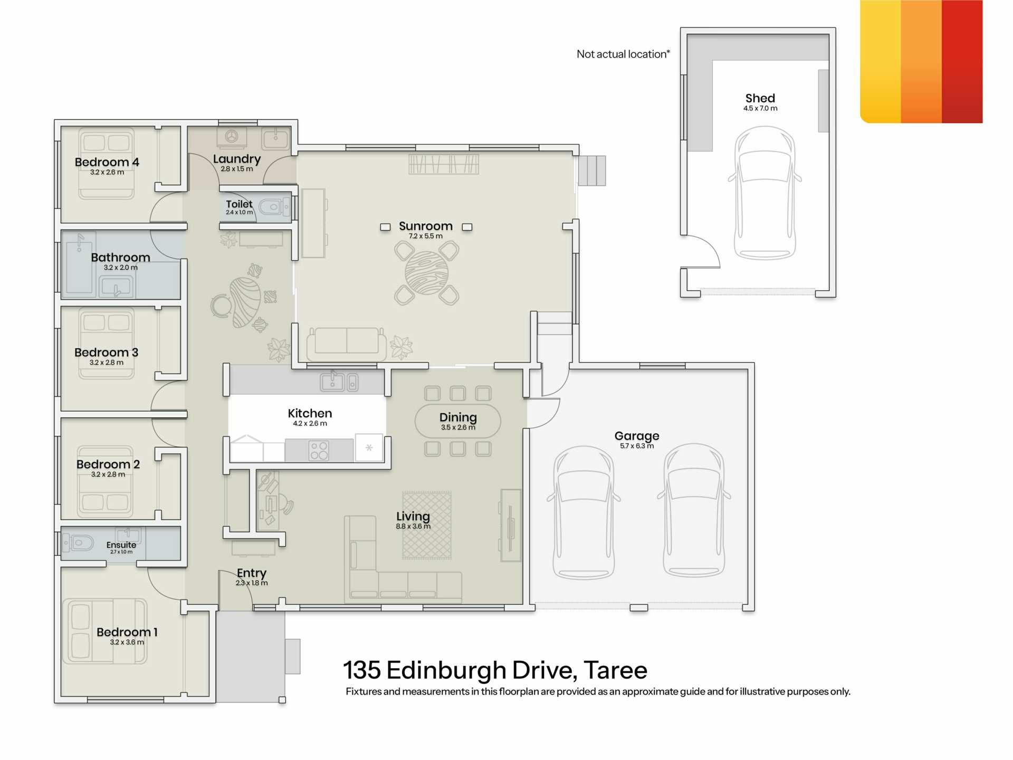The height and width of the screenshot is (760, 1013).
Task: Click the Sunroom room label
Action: click(x=425, y=226)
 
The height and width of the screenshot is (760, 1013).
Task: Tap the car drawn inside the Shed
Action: click(x=764, y=193)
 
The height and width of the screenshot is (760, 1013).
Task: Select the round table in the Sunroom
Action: click(x=426, y=273)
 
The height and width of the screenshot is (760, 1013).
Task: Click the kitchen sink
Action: click(x=339, y=382)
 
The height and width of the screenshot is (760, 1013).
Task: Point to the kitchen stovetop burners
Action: click(x=319, y=451)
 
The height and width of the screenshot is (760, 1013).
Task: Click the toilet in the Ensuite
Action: click(x=78, y=542)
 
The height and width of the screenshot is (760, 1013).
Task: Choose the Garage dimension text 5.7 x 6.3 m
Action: click(x=637, y=446)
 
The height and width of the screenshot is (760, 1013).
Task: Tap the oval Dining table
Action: click(x=457, y=421)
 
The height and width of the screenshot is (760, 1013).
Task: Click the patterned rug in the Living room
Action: click(x=427, y=525)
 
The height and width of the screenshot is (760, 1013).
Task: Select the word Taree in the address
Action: click(x=615, y=670)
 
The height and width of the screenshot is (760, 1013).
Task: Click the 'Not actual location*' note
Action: click(x=623, y=54)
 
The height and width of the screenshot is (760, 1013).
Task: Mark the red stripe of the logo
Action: click(x=962, y=62)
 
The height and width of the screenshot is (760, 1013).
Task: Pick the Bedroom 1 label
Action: click(x=127, y=632)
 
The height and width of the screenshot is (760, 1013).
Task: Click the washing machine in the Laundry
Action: click(x=231, y=137)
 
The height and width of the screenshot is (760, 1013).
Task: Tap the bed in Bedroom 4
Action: click(x=107, y=164)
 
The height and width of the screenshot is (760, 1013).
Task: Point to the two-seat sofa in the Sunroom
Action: click(x=347, y=340)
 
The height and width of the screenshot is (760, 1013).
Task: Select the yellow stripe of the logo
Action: click(x=880, y=62)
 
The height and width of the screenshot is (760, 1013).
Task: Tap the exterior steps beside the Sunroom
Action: click(x=592, y=170)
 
